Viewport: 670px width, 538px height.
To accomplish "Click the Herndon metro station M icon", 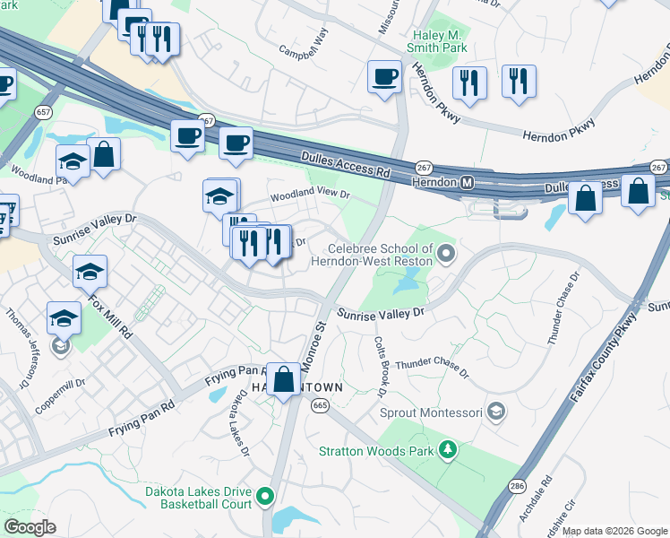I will click(x=467, y=182).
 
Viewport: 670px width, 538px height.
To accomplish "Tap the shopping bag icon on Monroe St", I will click(x=284, y=379).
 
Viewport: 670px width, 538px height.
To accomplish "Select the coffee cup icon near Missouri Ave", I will click(x=384, y=76).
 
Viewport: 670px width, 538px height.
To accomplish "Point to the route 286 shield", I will click(x=516, y=486).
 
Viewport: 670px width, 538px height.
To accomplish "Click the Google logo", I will click(x=30, y=527).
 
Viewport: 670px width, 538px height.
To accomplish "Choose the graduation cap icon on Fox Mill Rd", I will click(x=90, y=272).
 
